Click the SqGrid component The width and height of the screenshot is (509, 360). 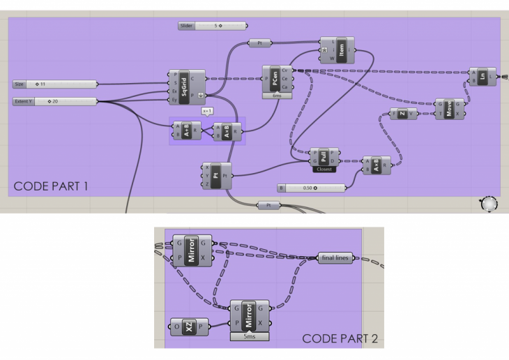click(x=185, y=86)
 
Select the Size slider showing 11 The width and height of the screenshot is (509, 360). click(x=55, y=84)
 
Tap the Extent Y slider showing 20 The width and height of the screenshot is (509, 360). click(x=55, y=102)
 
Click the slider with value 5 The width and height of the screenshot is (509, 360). click(x=212, y=26)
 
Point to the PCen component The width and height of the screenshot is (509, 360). click(x=277, y=78)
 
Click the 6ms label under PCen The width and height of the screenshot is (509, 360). click(x=277, y=96)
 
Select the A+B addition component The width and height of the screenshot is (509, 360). click(x=186, y=130)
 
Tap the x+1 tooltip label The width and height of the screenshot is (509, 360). click(x=206, y=110)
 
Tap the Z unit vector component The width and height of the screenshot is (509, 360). click(x=402, y=114)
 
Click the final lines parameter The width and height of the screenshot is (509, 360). click(x=337, y=258)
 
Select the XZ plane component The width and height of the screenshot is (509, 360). click(x=190, y=327)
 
